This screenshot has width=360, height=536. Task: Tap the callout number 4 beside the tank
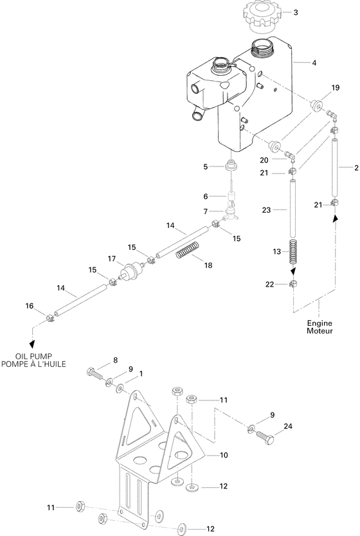[x=314, y=63]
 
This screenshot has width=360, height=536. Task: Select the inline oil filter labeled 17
[x=132, y=270]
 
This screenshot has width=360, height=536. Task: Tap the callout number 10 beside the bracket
[x=224, y=454]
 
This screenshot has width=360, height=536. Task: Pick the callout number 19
[x=335, y=87]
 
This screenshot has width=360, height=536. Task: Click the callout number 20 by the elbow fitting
[x=264, y=159]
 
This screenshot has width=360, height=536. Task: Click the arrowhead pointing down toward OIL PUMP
[x=32, y=344]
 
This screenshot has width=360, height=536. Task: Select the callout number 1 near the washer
[x=141, y=373]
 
